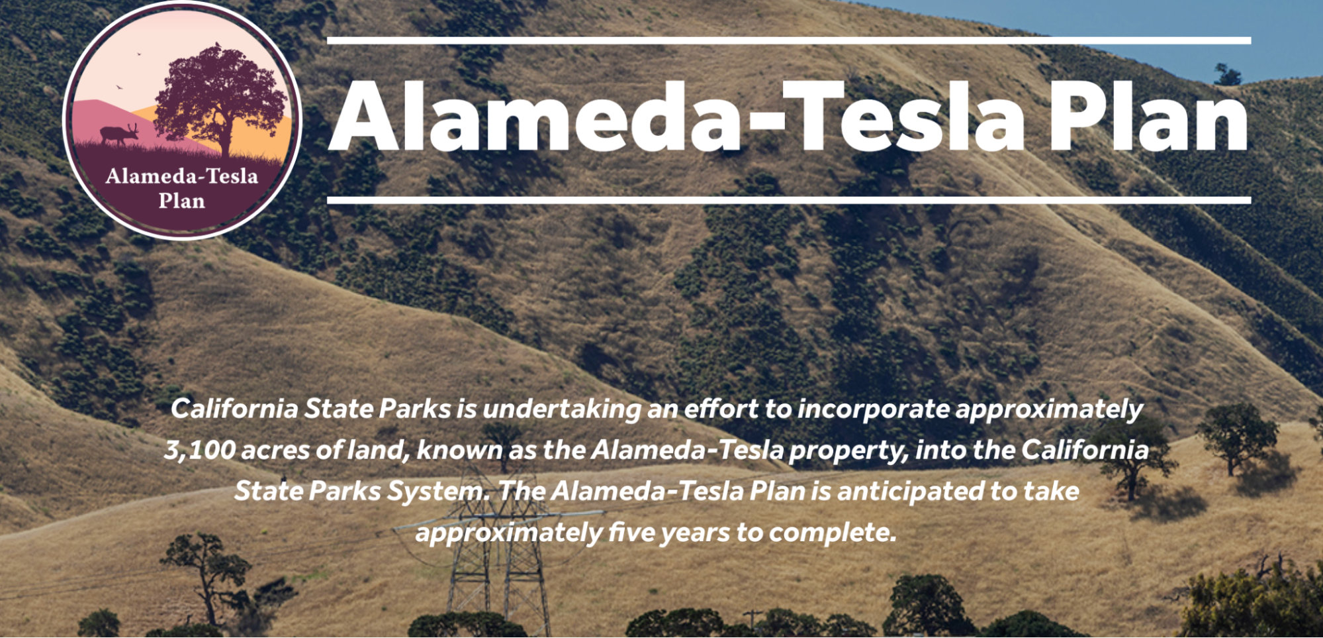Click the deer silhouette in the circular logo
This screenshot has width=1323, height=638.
coord(120,134)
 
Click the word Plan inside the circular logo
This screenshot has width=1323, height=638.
coord(182,201)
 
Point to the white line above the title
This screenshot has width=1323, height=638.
coord(789,40)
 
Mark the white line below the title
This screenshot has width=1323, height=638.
coord(789,200)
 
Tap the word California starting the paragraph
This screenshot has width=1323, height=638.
coord(234,409)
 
